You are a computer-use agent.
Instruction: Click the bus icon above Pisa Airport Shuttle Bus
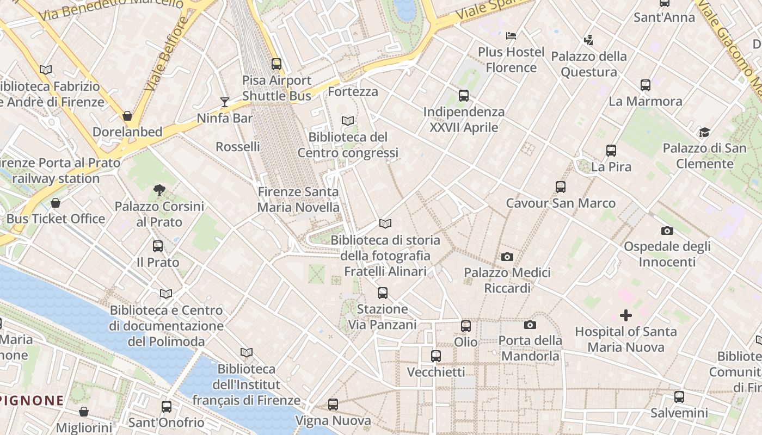276,64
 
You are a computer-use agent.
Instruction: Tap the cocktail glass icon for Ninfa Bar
225,102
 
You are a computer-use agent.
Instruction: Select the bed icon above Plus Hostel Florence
511,36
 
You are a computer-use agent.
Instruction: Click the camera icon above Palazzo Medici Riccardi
507,257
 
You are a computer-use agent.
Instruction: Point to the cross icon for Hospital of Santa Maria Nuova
626,315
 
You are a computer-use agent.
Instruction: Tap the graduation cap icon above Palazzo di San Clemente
705,132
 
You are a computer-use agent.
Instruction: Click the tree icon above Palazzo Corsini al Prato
159,190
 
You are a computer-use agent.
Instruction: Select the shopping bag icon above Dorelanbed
127,116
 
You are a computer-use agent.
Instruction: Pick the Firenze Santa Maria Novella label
298,200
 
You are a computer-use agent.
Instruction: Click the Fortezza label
353,91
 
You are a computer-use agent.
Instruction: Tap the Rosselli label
238,147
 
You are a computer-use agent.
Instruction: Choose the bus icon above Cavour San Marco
561,187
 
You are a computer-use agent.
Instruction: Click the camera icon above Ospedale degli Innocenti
667,231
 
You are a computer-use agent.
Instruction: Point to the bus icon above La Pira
611,151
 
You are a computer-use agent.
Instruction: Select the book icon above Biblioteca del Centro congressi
348,121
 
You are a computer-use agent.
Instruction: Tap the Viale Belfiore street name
166,54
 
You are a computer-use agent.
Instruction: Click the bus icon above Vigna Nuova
333,405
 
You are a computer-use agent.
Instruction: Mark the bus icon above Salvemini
679,397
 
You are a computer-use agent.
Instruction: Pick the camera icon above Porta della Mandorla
530,325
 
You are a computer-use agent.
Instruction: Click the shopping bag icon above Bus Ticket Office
56,203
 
